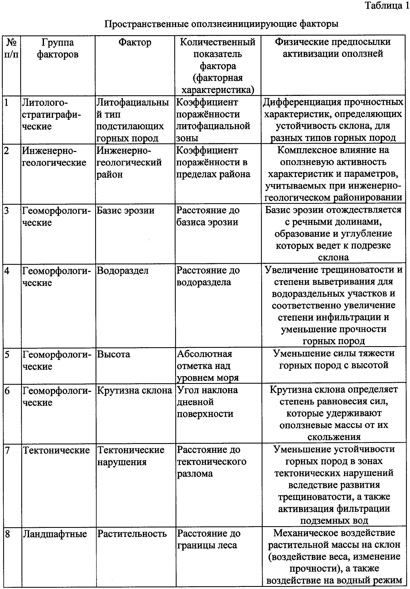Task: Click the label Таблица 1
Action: click(x=386, y=6)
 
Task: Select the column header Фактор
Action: click(x=135, y=43)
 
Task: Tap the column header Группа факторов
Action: click(x=58, y=48)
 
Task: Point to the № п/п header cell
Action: click(x=12, y=48)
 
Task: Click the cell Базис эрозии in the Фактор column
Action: click(x=125, y=211)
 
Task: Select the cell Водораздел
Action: click(x=123, y=271)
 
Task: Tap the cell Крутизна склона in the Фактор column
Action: click(x=134, y=390)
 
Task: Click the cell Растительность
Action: click(x=132, y=534)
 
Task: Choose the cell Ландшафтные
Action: click(x=55, y=534)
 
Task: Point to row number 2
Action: click(x=7, y=151)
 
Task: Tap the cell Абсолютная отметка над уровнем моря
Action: click(x=208, y=366)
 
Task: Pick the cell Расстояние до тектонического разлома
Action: click(x=211, y=461)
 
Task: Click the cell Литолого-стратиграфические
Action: click(x=51, y=114)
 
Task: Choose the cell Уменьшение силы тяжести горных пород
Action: click(x=334, y=359)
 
